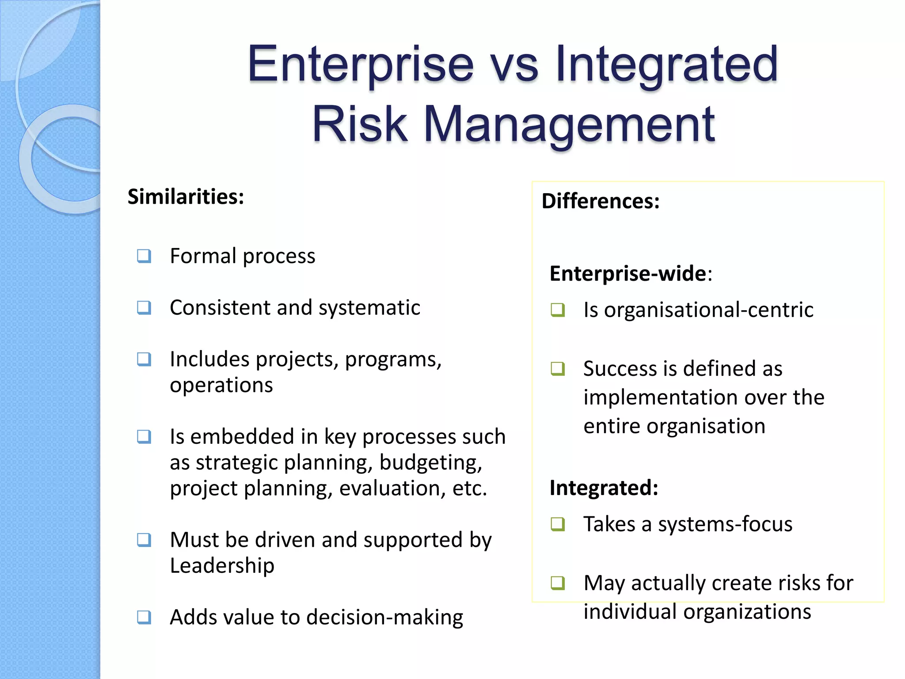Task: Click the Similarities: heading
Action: pos(186,197)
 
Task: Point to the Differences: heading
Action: pos(601,201)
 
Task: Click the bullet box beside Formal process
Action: pos(144,256)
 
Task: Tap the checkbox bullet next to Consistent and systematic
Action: pos(144,307)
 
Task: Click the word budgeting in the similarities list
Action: pos(430,463)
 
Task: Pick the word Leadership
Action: pos(222,565)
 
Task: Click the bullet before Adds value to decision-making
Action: pos(144,617)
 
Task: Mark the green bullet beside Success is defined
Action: pos(558,368)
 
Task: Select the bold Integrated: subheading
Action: pos(604,488)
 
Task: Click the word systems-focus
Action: pos(725,524)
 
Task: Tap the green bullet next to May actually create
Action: pos(558,583)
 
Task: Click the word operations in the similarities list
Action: pos(221,385)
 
